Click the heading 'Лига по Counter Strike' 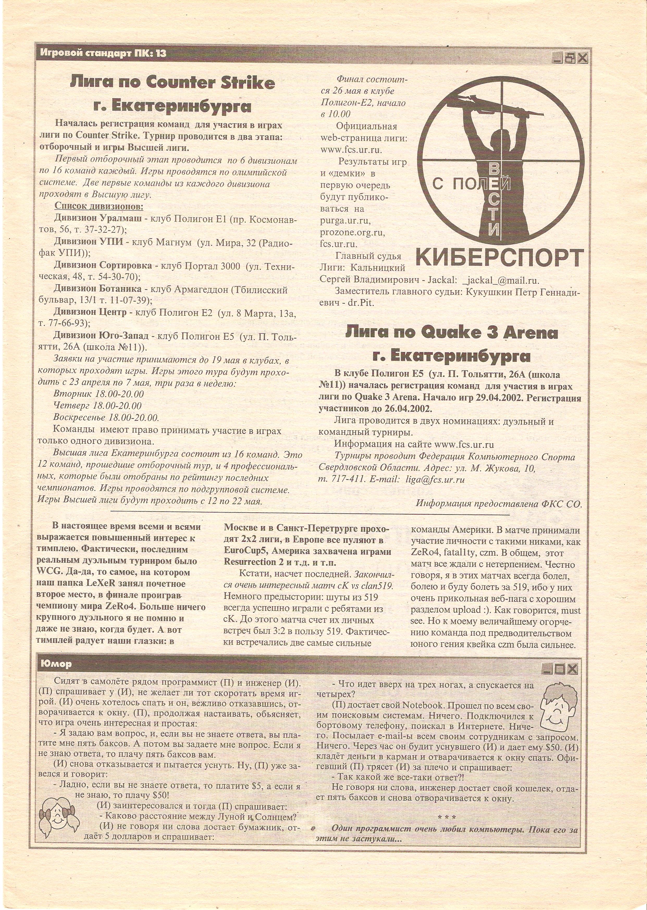(172, 83)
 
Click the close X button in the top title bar (582, 59)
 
